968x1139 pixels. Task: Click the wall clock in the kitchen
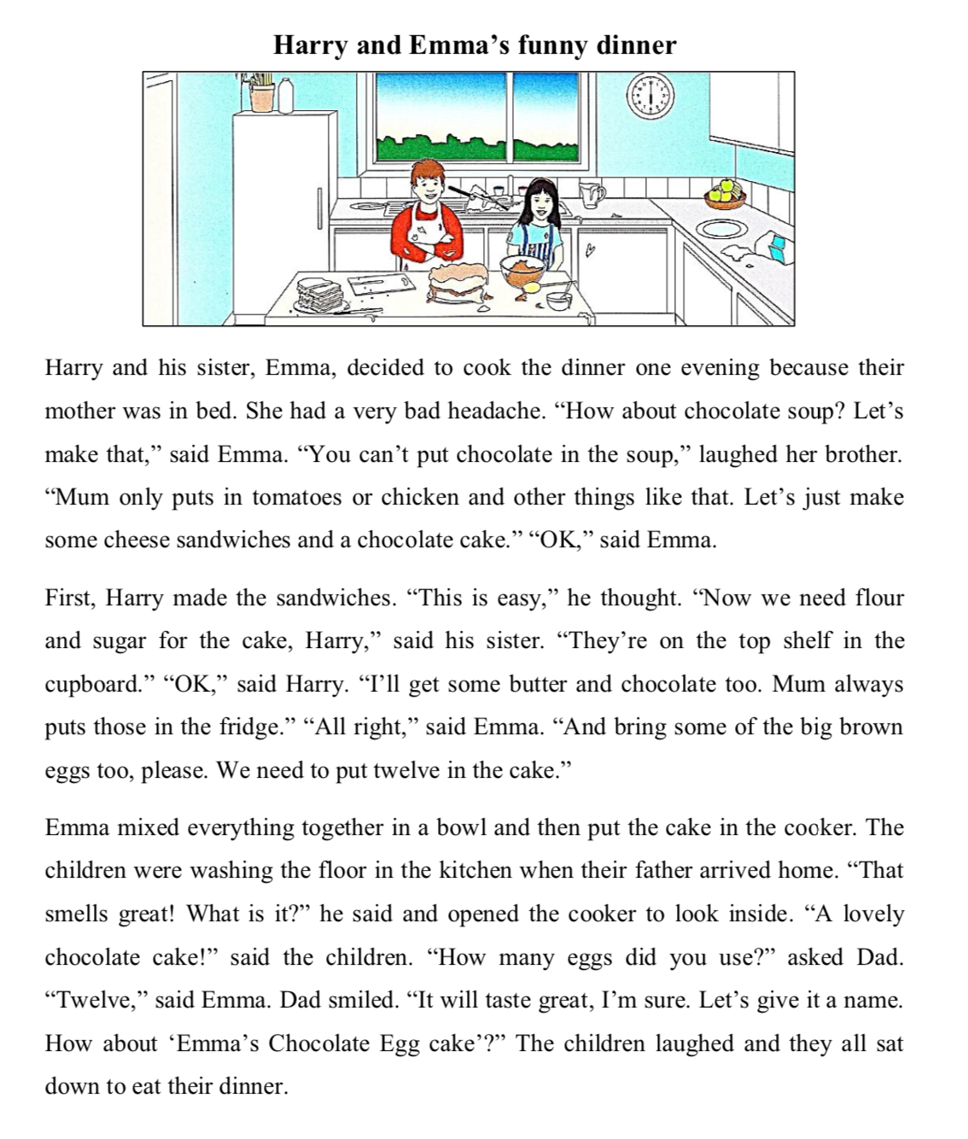[650, 96]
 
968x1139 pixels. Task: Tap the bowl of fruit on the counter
[726, 193]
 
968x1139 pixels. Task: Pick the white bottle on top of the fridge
[286, 94]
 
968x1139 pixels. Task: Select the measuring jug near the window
[592, 196]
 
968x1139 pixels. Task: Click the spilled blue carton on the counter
[777, 247]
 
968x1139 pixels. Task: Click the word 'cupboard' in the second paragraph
[91, 685]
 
